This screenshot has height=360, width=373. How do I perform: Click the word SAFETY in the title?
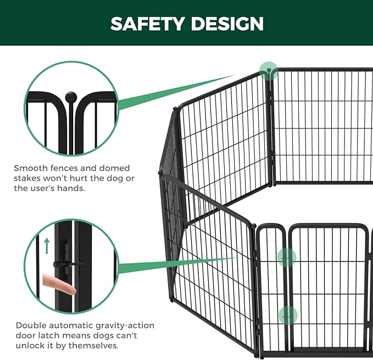[x=147, y=24]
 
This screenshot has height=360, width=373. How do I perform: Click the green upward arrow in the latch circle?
[x=47, y=246]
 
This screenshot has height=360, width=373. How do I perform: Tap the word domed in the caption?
[x=114, y=168]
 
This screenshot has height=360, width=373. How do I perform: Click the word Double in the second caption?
[x=31, y=325]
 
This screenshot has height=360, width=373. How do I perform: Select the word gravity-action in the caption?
[x=125, y=325]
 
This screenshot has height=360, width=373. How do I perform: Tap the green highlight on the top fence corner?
[x=268, y=70]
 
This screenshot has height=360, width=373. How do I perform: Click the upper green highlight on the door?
[x=287, y=257]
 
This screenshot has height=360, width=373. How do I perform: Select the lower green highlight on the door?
[x=288, y=316]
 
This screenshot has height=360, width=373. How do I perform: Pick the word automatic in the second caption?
[x=71, y=325]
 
